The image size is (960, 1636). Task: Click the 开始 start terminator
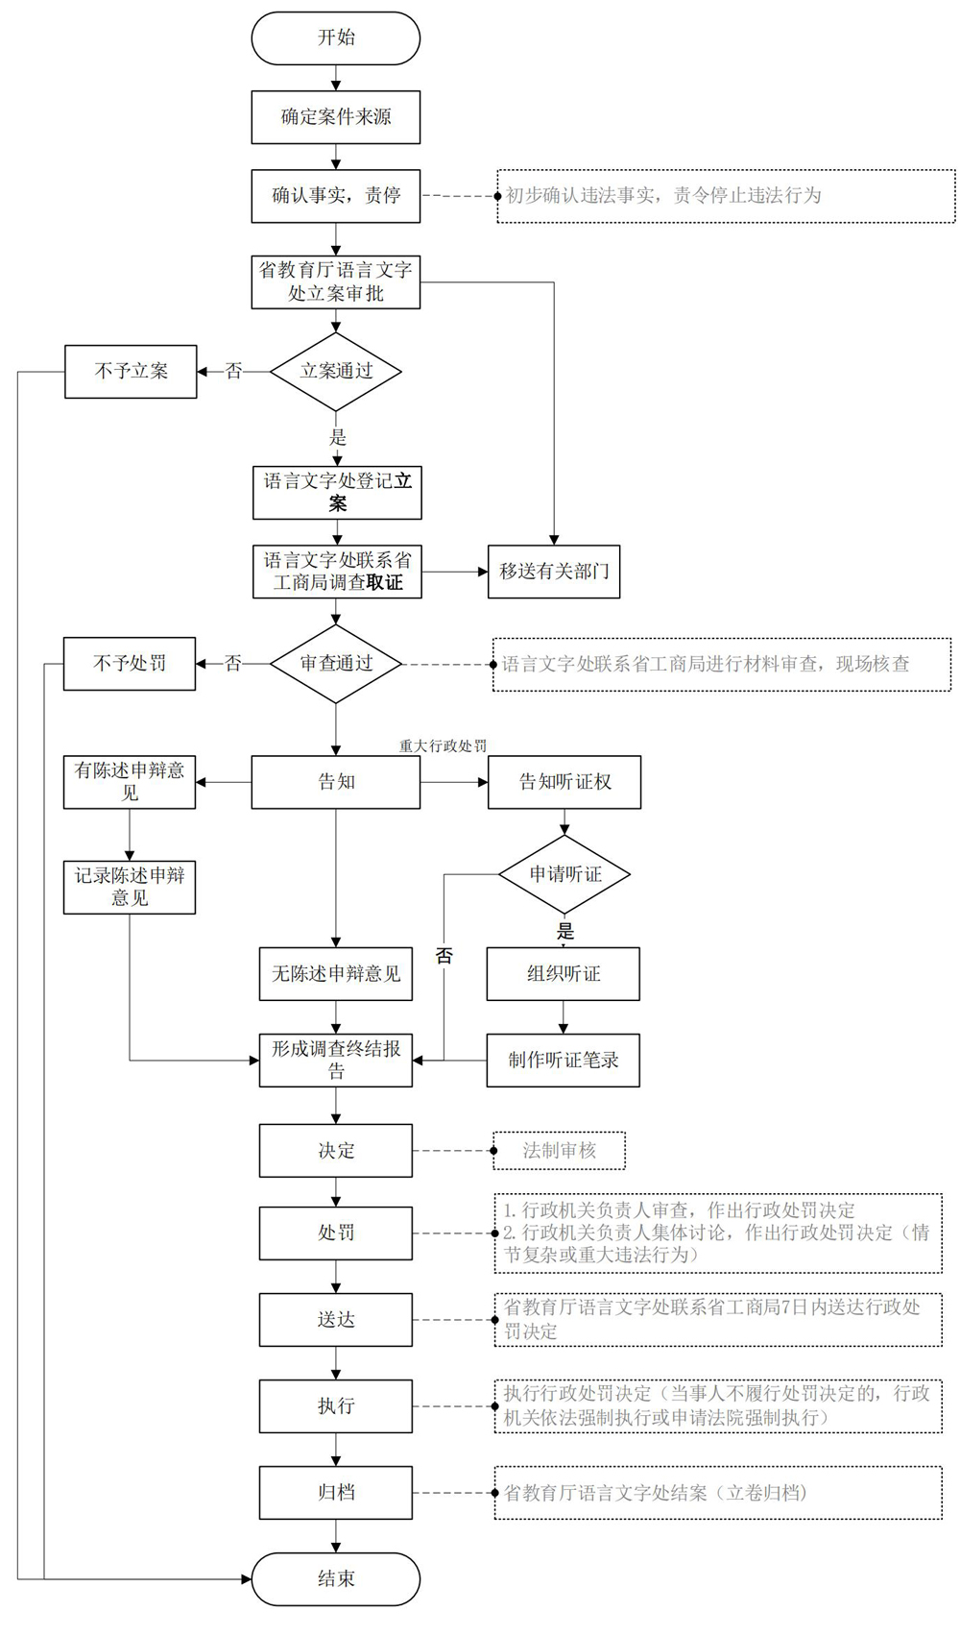tap(336, 38)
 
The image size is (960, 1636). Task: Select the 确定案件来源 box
tap(336, 117)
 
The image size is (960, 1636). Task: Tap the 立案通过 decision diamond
tap(336, 371)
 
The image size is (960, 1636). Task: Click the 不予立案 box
tap(131, 371)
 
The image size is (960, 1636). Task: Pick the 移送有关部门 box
tap(554, 572)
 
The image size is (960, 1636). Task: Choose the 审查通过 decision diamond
tap(336, 663)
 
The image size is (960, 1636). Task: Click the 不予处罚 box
tap(130, 663)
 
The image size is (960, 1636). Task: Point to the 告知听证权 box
tap(564, 782)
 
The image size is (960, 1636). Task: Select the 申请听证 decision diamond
tap(564, 874)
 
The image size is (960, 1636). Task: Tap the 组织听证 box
tap(564, 973)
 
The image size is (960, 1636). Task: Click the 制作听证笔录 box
tap(564, 1060)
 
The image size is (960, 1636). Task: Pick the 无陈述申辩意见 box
tap(336, 973)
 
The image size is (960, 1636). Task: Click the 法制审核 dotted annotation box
tap(560, 1150)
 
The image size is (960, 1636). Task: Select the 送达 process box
tap(336, 1320)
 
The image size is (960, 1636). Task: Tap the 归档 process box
tap(336, 1492)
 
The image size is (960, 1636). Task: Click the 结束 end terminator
tap(336, 1578)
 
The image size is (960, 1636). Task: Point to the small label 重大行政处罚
tap(444, 745)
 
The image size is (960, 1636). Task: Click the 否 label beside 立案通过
tap(233, 371)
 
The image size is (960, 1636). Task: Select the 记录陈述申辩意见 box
tap(130, 888)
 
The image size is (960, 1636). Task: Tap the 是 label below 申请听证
tap(565, 931)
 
